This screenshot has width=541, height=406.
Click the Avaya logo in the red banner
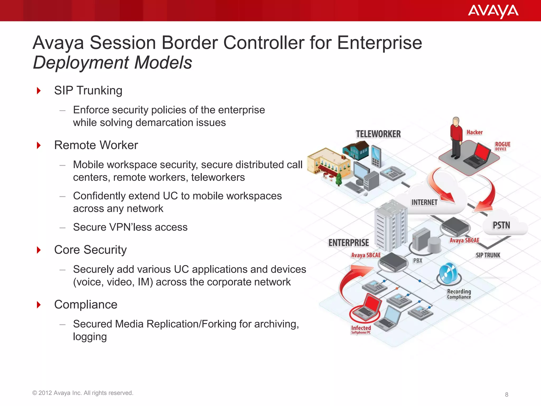493,11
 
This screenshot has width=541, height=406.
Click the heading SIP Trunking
88,91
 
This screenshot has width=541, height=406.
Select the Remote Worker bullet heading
96,145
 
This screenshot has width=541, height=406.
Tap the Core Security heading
90,250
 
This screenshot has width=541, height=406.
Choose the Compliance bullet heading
86,304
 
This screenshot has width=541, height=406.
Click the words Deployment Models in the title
113,63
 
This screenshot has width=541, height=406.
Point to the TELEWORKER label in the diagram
378,134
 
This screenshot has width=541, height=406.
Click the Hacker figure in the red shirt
456,137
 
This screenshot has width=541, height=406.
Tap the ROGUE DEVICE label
502,146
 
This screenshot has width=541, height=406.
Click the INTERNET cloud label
424,202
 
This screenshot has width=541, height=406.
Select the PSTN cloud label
501,225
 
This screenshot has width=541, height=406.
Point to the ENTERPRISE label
348,243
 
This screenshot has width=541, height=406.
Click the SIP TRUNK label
488,255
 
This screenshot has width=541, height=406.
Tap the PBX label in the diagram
418,261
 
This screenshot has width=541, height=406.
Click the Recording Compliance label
459,294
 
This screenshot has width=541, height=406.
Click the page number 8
506,395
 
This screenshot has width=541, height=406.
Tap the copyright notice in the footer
83,393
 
